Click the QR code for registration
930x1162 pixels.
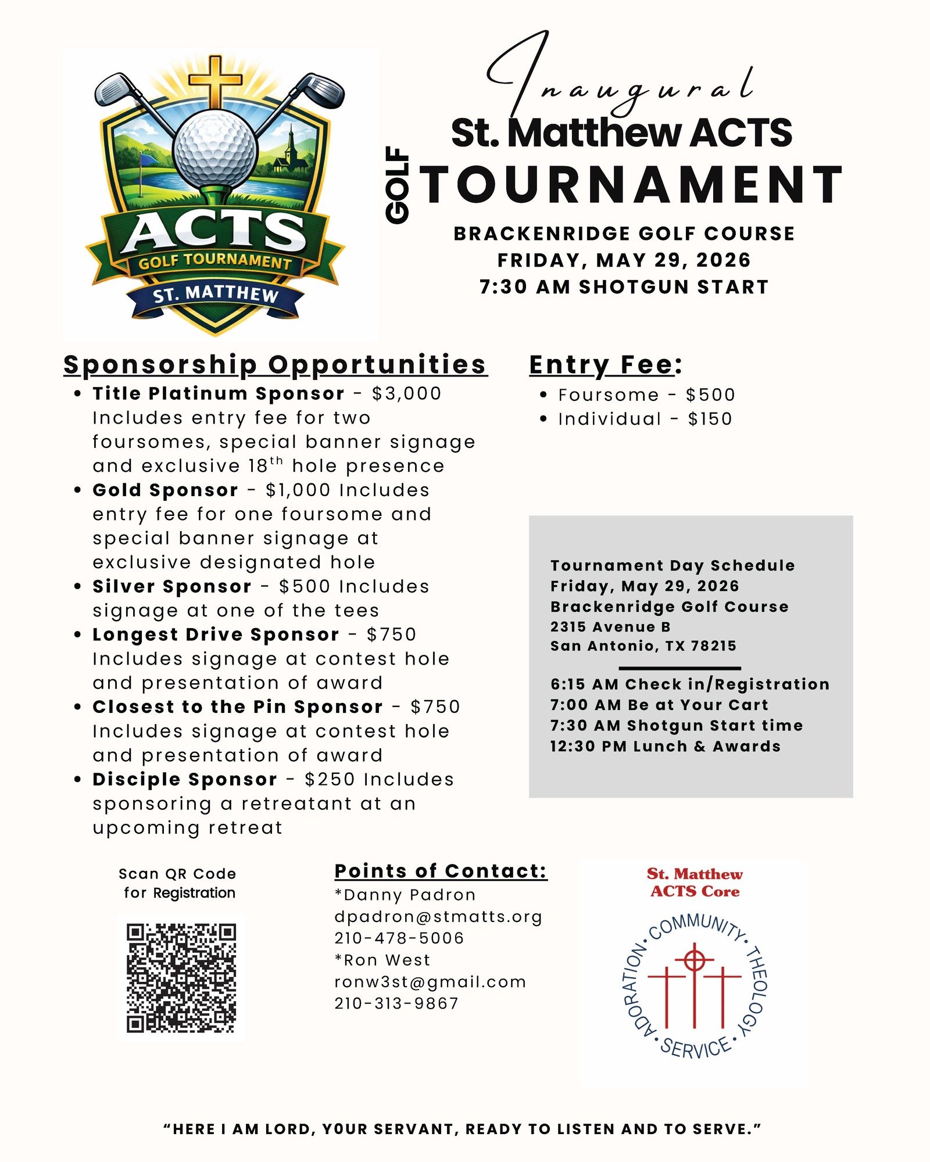pyautogui.click(x=181, y=978)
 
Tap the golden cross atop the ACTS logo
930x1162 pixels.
pyautogui.click(x=216, y=81)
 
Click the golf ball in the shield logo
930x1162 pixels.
pyautogui.click(x=215, y=150)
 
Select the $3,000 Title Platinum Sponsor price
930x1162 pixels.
pyautogui.click(x=406, y=393)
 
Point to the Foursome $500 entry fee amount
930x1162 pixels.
pyautogui.click(x=710, y=395)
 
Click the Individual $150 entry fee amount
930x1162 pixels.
pyautogui.click(x=710, y=419)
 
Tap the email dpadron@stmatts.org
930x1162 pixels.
pyautogui.click(x=438, y=917)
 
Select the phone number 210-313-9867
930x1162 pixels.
pyautogui.click(x=396, y=1003)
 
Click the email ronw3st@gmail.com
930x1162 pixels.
pyautogui.click(x=430, y=982)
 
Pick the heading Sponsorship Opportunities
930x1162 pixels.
pyautogui.click(x=275, y=365)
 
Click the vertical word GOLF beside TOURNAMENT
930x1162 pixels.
pyautogui.click(x=398, y=185)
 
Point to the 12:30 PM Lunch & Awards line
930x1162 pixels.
pyautogui.click(x=666, y=747)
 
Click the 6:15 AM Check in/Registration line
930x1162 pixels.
pyautogui.click(x=690, y=684)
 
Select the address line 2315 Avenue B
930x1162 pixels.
pyautogui.click(x=610, y=627)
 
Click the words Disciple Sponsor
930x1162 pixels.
pyautogui.click(x=185, y=780)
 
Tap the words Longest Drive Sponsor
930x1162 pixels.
pyautogui.click(x=216, y=634)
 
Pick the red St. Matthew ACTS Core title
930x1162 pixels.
pyautogui.click(x=695, y=883)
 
